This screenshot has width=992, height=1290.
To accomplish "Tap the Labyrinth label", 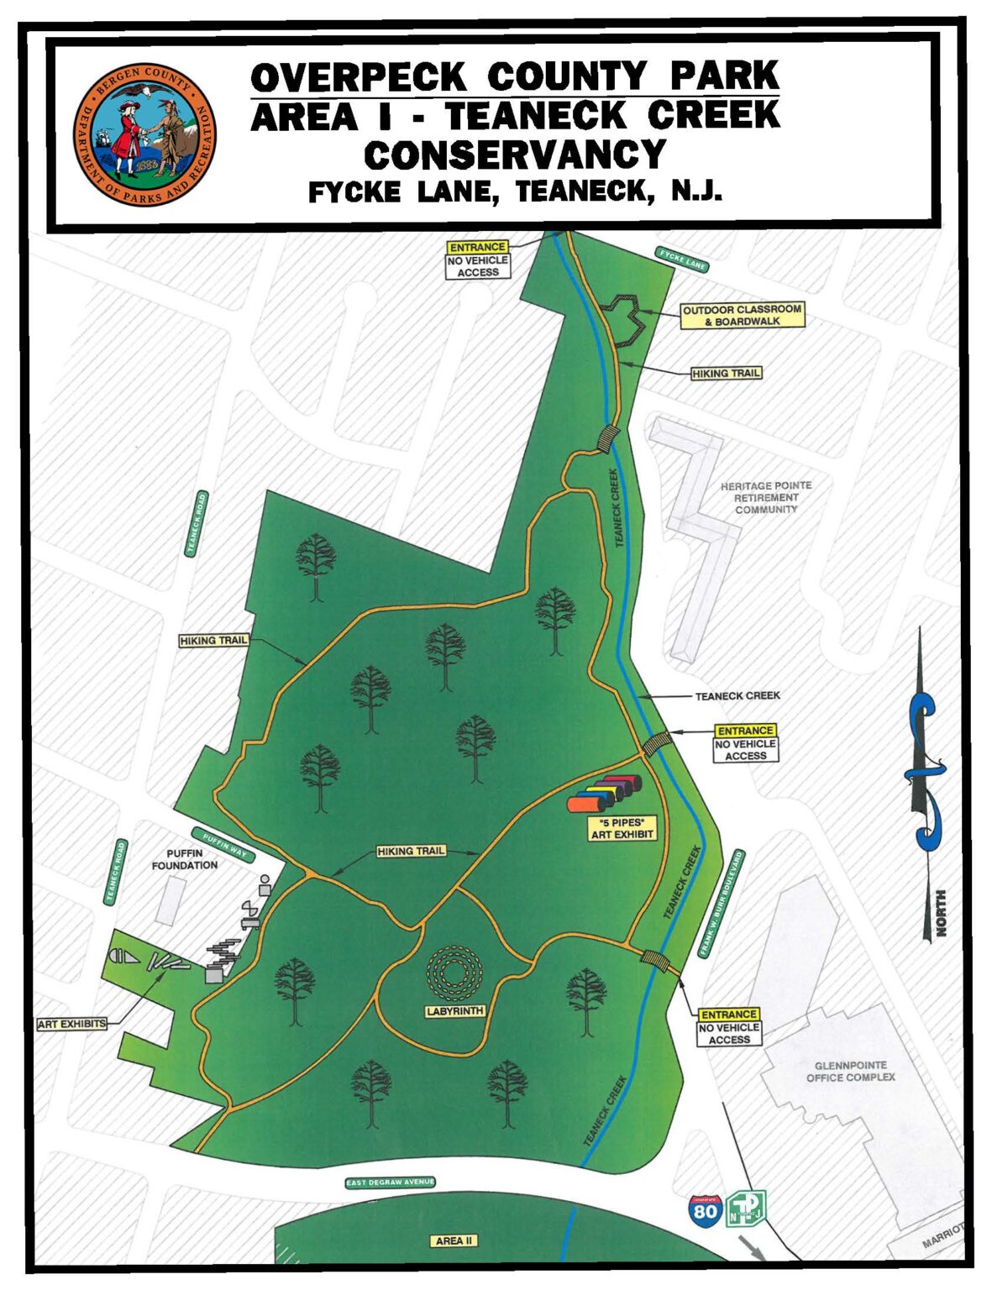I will coord(454,1011).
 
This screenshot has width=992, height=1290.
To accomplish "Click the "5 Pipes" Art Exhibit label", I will coord(622,828).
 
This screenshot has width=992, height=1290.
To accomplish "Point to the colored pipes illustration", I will coord(604,794).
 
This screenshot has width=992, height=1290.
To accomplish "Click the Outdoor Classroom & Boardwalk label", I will coord(742,315).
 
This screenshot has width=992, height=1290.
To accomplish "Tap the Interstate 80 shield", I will coord(704,1211).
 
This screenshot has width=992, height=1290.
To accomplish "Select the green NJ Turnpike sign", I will coord(746,1208).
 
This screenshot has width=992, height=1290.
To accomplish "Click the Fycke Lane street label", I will coord(682,260).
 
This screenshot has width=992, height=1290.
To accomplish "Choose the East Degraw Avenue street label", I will coord(390,1182).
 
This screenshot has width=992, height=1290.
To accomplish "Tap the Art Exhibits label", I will coord(72,1024).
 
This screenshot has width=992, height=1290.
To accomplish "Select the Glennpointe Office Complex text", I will coord(850,1072).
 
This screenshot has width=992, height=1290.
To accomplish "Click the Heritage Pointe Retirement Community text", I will coord(765,497).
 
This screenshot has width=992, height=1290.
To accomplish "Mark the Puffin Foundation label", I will coord(185,859).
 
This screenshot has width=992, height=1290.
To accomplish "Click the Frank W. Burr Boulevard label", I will coord(722,903).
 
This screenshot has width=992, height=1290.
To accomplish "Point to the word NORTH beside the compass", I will coord(940,915).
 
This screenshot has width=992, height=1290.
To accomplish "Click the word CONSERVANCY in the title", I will coord(514,155).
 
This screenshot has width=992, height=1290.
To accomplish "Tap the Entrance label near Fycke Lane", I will coord(478,247).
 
